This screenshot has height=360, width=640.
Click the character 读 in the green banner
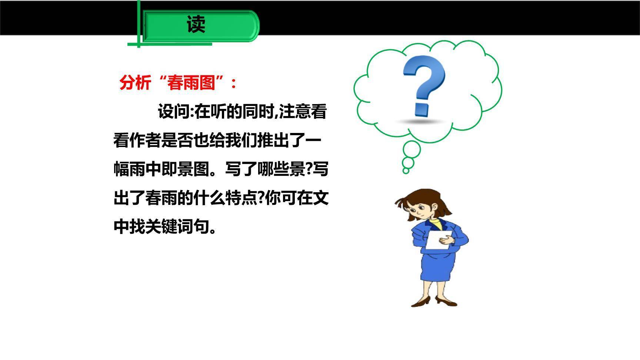[196, 25]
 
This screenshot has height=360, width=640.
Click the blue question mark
[424, 84]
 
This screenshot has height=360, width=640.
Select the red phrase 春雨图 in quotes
[191, 82]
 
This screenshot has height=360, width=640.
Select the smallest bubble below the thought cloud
[406, 171]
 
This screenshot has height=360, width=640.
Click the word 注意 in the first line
[295, 111]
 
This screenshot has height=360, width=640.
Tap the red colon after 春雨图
[233, 83]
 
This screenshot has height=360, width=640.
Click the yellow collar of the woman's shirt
[437, 224]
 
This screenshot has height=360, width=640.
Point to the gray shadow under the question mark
[421, 121]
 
